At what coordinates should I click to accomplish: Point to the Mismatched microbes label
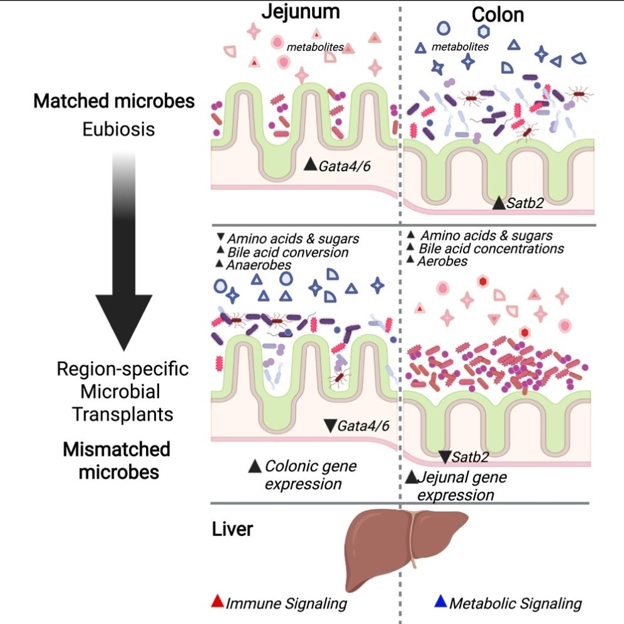pos(118,460)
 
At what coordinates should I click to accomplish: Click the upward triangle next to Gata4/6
pos(309,165)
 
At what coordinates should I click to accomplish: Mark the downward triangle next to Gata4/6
pos(329,426)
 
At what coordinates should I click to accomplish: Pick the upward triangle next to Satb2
pos(498,203)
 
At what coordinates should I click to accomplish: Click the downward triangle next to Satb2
pos(444,457)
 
